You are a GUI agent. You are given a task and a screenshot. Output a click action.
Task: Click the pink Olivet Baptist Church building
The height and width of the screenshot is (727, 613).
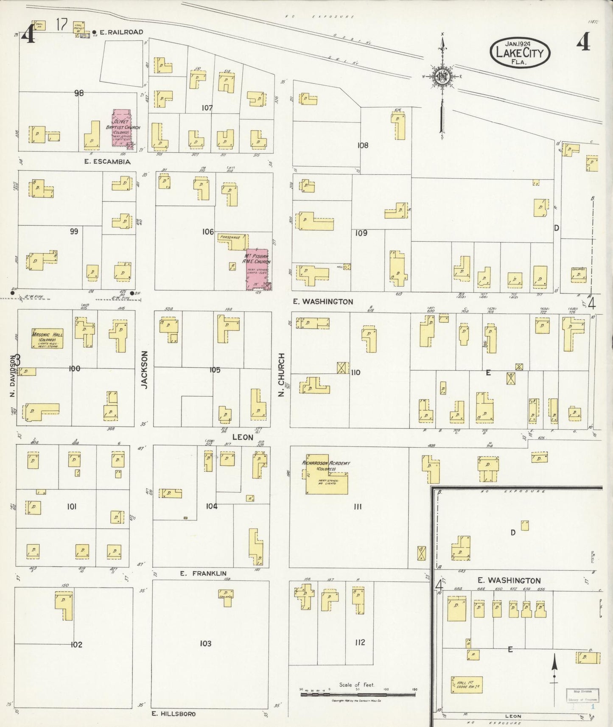pos(122,128)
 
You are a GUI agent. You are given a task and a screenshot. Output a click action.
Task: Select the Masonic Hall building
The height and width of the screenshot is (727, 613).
pos(47,339)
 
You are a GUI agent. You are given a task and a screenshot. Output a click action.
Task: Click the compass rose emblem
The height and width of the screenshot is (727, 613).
pos(442,76)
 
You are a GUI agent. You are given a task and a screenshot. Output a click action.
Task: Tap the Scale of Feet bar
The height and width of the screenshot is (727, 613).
pos(358,694)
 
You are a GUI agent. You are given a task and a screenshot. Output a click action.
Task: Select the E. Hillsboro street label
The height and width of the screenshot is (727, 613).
pos(174,714)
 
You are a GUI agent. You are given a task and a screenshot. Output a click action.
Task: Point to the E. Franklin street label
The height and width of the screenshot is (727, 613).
pos(203,573)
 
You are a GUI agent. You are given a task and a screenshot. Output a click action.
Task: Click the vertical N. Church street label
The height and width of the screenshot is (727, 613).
pos(282,369)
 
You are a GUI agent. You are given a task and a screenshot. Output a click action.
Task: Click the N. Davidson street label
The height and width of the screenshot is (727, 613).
pos(12,376)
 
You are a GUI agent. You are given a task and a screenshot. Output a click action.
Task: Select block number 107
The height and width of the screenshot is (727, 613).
pos(207,108)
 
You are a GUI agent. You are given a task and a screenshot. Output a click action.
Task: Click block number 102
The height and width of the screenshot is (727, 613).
pos(76,645)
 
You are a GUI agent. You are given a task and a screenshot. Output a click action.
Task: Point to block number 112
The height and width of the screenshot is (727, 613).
pos(360,642)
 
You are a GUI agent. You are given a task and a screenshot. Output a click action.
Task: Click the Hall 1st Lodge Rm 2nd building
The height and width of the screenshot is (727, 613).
pos(466,685)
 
